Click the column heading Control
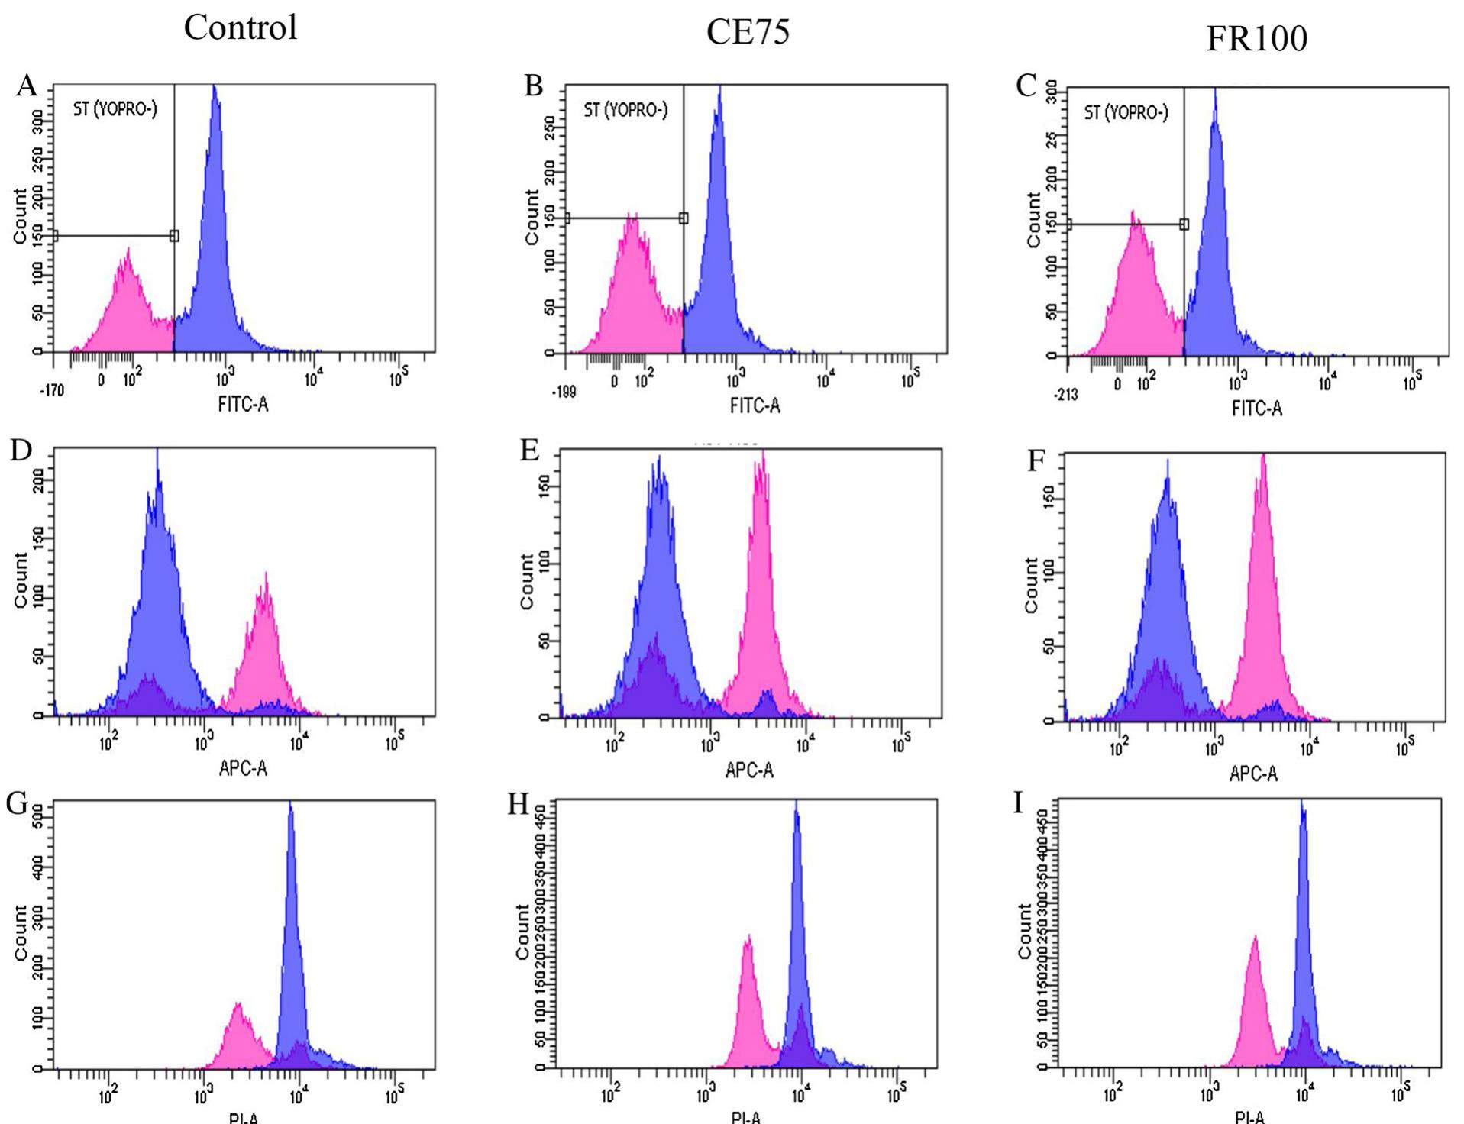(241, 27)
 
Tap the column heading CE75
(748, 32)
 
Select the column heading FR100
(1256, 38)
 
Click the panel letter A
(27, 86)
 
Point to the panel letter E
(530, 450)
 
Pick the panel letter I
(1017, 804)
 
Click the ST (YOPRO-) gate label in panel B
(625, 111)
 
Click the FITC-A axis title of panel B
(755, 406)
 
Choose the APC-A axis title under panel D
(243, 768)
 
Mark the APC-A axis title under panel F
(1253, 774)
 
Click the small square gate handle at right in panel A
(174, 236)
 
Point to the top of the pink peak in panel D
(266, 574)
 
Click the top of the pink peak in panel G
(238, 1005)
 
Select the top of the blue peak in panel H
(796, 803)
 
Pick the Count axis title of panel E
(526, 581)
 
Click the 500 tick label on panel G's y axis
(37, 818)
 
